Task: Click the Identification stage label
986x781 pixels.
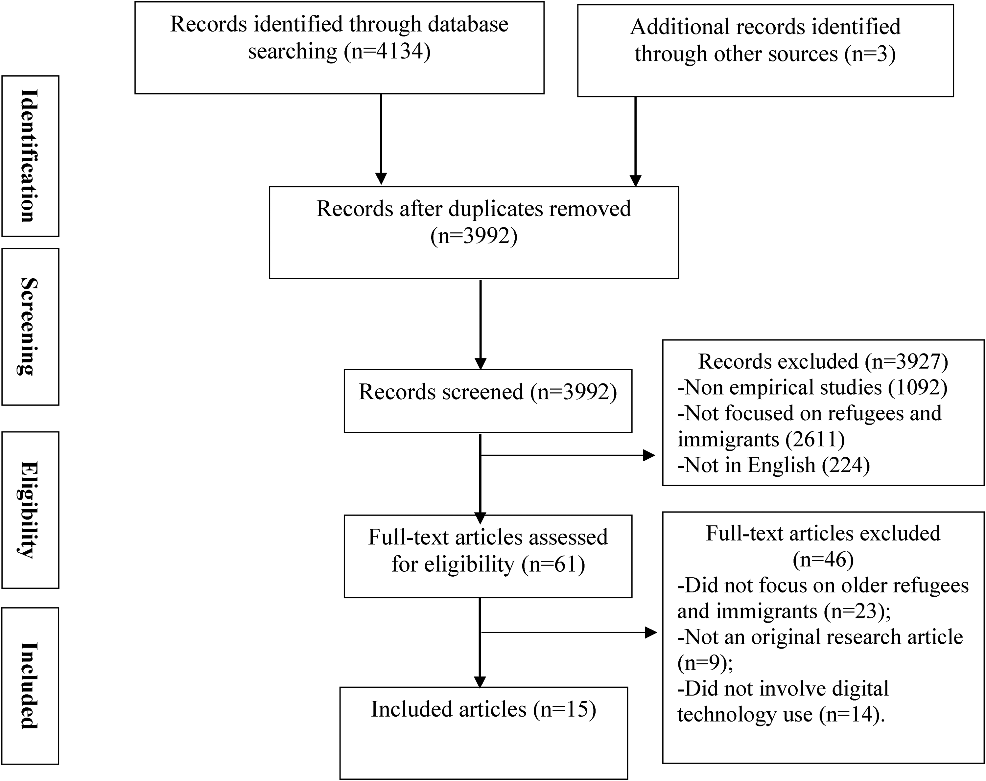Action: (30, 156)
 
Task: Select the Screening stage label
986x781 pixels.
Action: (30, 327)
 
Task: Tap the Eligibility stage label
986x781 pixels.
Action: (30, 510)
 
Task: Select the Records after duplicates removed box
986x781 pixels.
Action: (474, 232)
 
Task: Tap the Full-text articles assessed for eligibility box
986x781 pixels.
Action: (488, 556)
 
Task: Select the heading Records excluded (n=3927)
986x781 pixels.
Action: (823, 362)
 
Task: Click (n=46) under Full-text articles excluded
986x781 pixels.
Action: (823, 560)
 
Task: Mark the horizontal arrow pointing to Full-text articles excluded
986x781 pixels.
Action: (569, 633)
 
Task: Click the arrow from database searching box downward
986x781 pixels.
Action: (381, 139)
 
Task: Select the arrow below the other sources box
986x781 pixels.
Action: (636, 142)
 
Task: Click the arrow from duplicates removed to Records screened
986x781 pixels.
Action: (481, 325)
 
